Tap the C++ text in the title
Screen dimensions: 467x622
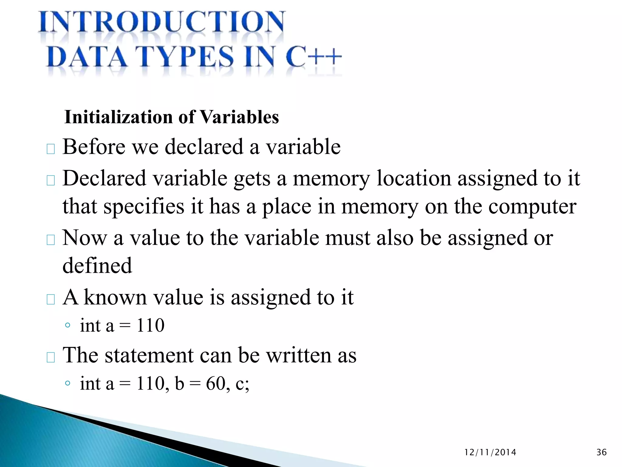coord(313,57)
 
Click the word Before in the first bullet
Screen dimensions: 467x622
coord(94,147)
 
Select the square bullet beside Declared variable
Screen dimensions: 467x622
coord(50,180)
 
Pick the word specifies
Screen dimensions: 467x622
coord(144,207)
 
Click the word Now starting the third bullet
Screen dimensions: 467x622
coord(85,238)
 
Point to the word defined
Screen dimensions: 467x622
coord(97,266)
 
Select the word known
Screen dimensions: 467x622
coord(115,297)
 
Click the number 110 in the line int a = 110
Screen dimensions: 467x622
coord(150,325)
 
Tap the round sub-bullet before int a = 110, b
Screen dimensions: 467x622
coord(68,383)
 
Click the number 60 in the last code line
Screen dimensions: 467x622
coord(216,383)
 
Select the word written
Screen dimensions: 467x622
coord(299,355)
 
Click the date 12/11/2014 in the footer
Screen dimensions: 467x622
coord(490,452)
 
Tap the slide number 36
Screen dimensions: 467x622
coord(601,452)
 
